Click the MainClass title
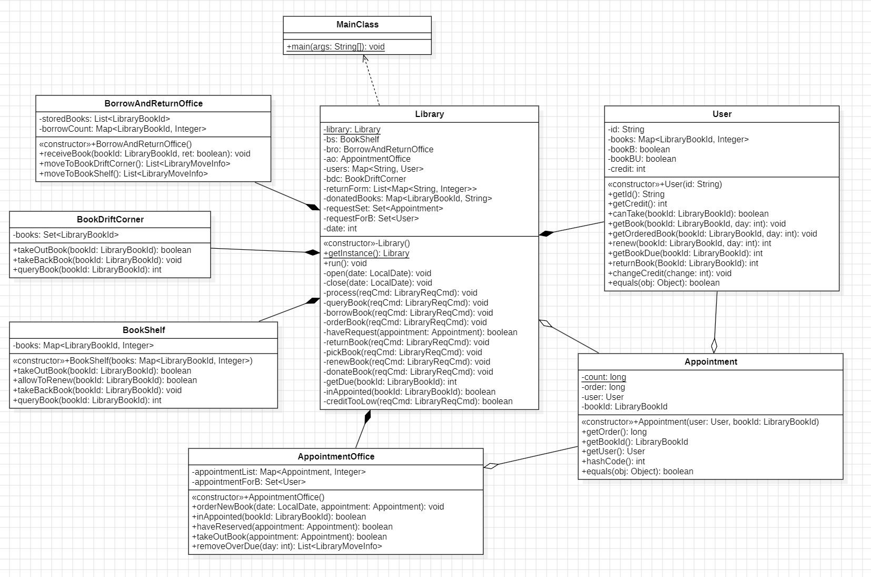pos(358,25)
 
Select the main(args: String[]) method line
pos(335,47)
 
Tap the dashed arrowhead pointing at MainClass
pos(365,58)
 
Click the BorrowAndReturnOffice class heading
pos(154,103)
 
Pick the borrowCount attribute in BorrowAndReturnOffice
pos(123,129)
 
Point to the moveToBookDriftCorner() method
pos(135,163)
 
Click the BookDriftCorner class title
pos(111,219)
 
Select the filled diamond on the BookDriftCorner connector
pos(312,252)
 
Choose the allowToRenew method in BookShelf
pos(105,380)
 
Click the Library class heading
pos(430,114)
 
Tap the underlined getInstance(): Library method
pos(367,253)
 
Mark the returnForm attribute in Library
pos(400,189)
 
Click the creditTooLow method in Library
pos(418,401)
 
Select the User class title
pos(722,114)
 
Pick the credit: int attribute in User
pos(627,169)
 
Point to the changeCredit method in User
pos(670,273)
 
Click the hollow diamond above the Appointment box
pos(714,346)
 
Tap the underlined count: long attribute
pos(604,377)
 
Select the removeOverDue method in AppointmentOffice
pos(287,546)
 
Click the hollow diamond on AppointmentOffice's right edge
pos(491,466)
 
